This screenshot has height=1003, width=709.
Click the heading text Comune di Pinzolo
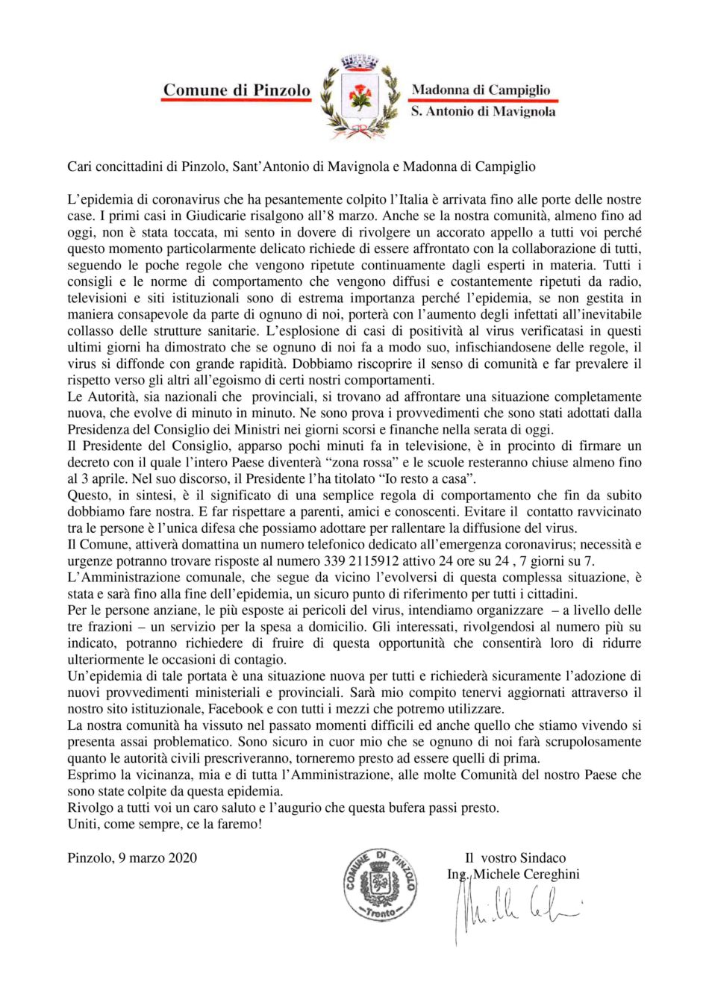tap(237, 90)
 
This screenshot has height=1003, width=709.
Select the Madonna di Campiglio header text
tap(481, 90)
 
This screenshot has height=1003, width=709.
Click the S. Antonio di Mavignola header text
tap(483, 112)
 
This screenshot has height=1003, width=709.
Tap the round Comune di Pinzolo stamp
tap(380, 884)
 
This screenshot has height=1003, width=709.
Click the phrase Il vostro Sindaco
tap(515, 857)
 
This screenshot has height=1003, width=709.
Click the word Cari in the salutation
tap(79, 166)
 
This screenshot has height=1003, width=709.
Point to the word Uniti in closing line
tap(82, 825)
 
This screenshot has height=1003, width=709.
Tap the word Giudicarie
tap(199, 216)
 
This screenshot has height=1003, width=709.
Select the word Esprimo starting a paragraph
tap(90, 775)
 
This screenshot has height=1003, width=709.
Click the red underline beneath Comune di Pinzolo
tap(237, 101)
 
